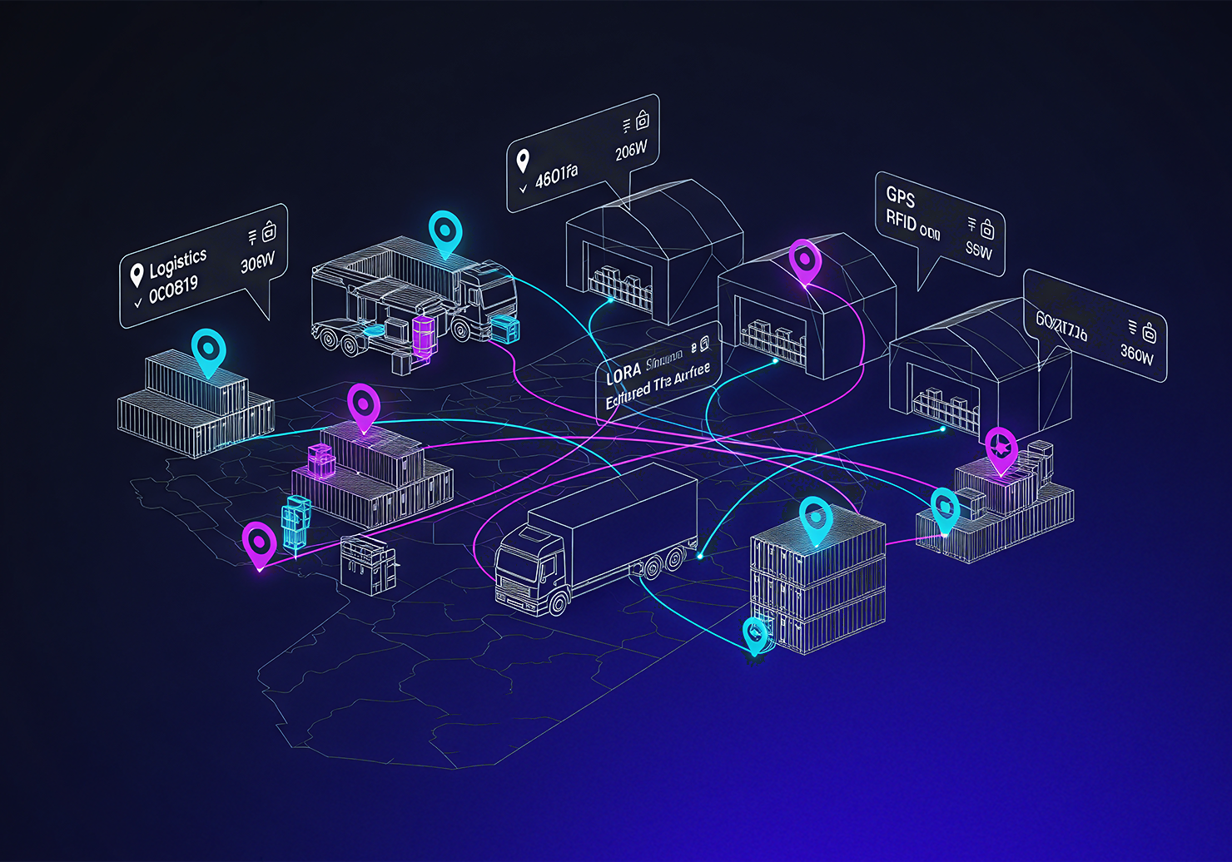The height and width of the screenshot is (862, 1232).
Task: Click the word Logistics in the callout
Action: point(177,264)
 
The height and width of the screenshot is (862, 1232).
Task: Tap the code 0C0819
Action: point(173,290)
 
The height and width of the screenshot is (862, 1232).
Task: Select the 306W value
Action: point(257,263)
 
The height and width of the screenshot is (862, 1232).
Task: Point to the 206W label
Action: point(631,151)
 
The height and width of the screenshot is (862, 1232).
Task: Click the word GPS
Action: point(901,196)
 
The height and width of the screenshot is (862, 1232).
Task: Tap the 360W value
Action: point(1136,354)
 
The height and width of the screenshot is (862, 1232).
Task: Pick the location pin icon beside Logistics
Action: point(137,275)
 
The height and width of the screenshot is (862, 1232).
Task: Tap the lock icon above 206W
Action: point(642,121)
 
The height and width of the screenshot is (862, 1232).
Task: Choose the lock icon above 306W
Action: point(268,231)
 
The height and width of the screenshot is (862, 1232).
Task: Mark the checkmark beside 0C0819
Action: point(138,303)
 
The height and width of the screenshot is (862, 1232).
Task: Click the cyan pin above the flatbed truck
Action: point(445,231)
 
